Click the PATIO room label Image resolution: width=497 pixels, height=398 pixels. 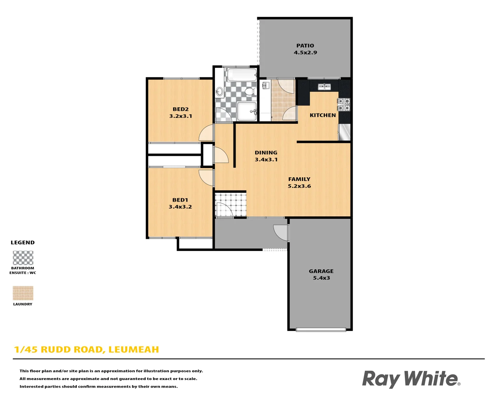pos(305,46)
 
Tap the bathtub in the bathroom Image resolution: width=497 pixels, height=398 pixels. pos(242,75)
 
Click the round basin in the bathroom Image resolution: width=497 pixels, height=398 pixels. pos(219,91)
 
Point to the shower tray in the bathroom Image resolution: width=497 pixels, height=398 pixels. pos(247,111)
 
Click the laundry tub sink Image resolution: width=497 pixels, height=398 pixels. pos(266,86)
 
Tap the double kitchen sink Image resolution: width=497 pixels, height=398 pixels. pos(324,87)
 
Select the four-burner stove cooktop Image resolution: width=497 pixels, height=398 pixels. pos(344,105)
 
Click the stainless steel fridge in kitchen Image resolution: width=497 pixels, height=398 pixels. pos(344,132)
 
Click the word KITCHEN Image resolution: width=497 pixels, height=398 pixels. pos(323,115)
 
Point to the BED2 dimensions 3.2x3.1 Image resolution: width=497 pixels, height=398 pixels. pos(180,116)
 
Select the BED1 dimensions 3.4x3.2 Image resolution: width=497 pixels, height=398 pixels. pos(180,207)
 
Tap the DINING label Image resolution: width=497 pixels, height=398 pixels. pos(266,153)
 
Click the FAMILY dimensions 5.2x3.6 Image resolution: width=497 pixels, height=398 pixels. pos(299,186)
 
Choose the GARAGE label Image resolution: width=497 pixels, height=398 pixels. pos(321,271)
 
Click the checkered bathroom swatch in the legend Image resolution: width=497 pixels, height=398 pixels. pos(23,258)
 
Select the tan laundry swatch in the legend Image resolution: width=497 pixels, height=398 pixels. pos(23,293)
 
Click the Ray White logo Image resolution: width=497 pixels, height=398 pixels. pos(411,379)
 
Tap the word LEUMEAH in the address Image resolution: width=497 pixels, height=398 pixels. pos(134,349)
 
